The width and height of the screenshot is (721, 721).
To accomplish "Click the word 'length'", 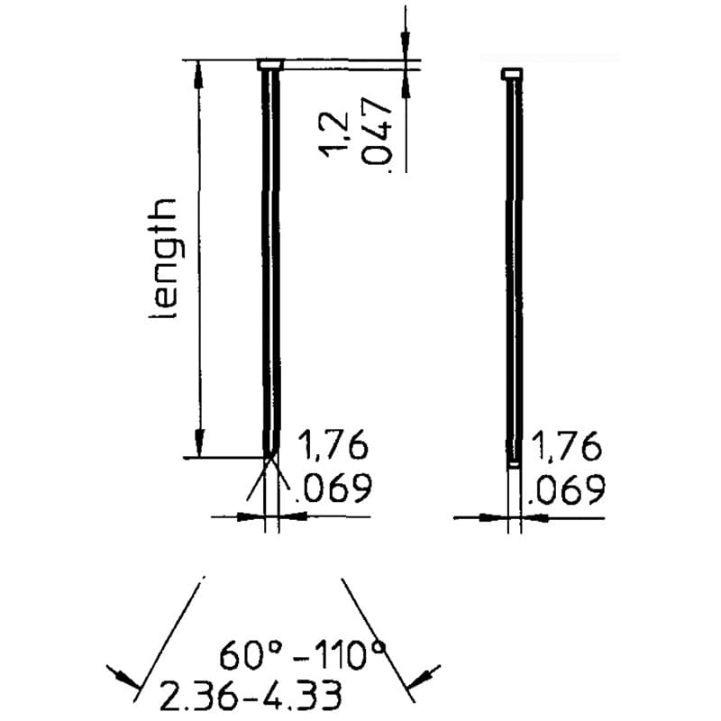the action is pos(163,259).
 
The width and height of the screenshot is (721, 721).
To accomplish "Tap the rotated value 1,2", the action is pos(334,133).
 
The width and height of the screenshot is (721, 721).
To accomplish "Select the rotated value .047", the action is pos(376,134).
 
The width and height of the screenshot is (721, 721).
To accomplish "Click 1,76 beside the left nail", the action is pos(333,444).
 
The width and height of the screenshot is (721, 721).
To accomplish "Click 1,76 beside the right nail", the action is pos(566,445).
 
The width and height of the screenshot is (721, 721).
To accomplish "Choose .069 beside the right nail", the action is pos(566,489).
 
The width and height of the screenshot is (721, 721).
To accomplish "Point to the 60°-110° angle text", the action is pos(301,655).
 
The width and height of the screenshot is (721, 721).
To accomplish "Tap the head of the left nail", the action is pos(270,65).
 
